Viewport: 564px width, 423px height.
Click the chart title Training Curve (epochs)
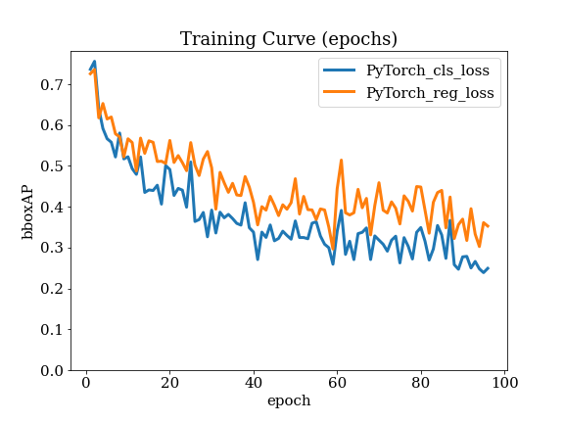tap(289, 39)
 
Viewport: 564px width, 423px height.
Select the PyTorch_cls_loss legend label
tap(428, 70)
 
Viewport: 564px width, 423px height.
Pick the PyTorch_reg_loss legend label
tap(430, 93)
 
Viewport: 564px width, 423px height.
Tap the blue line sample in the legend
tap(340, 70)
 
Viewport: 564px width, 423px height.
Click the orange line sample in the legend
tap(340, 92)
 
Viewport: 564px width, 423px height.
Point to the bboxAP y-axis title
tap(27, 212)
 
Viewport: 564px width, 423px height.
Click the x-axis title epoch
tap(289, 400)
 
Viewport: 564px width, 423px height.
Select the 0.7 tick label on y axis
tap(51, 85)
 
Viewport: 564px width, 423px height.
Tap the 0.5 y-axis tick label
tap(51, 166)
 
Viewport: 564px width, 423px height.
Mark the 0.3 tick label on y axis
tap(51, 248)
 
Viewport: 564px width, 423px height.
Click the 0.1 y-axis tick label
tap(51, 329)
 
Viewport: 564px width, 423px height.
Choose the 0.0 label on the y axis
tap(51, 370)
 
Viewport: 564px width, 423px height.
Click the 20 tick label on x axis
tap(169, 383)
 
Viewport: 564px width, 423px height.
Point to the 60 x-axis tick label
tap(337, 383)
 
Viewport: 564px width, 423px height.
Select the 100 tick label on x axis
tap(504, 383)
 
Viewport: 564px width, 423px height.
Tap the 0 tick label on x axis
tap(86, 383)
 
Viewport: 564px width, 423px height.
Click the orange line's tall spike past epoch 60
tap(341, 160)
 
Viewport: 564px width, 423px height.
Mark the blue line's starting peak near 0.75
tap(94, 62)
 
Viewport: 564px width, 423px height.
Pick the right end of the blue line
tap(488, 268)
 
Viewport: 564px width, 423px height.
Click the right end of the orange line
tap(488, 226)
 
